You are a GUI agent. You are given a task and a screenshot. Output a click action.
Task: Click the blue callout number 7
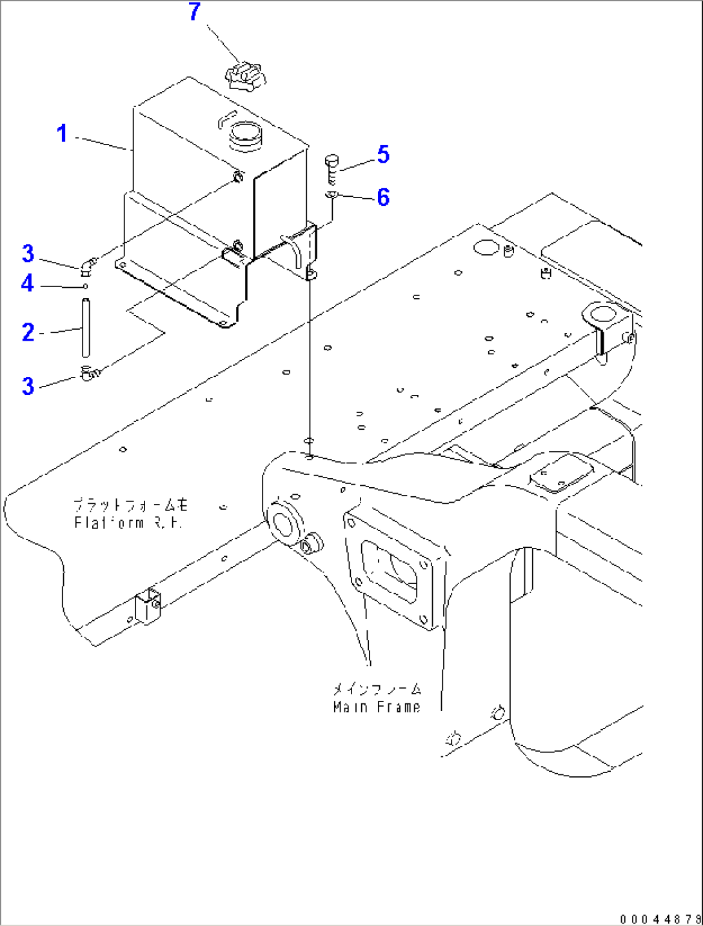coord(194,12)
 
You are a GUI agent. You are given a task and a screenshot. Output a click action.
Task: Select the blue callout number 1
coord(62,134)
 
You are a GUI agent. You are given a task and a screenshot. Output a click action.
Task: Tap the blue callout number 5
coord(383,155)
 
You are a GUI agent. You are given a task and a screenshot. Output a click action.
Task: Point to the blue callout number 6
coord(383,197)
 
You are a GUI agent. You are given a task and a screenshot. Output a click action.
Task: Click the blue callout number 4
coord(27,283)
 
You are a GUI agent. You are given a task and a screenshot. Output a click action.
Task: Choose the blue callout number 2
coord(28,332)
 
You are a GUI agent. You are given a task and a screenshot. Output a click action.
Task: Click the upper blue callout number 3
coord(28,254)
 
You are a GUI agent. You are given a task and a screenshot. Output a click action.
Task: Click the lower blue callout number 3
coord(28,386)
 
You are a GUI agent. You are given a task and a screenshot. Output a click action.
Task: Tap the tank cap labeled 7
coord(245,76)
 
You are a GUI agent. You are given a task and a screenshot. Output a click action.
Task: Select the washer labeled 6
coord(332,194)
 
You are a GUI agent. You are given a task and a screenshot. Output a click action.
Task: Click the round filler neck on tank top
coord(245,136)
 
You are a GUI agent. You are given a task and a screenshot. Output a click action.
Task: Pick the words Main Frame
coord(377,707)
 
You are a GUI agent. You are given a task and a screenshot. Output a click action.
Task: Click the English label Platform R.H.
coord(128,523)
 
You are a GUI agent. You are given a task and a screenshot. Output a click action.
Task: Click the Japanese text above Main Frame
coord(377,689)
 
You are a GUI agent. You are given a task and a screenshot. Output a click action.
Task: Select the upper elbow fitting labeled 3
coord(88,264)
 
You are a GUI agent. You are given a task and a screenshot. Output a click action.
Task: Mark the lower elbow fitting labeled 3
coord(89,372)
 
